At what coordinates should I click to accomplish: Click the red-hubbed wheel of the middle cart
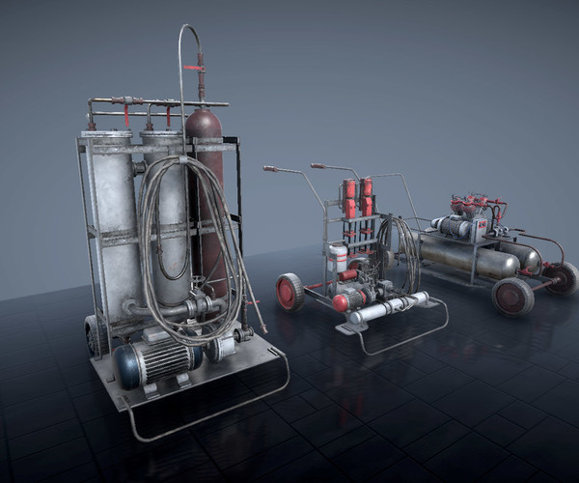[x=289, y=291]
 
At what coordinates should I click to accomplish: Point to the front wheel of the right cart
[x=511, y=297]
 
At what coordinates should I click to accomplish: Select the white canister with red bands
[x=337, y=258]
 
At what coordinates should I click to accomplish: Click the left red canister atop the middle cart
[x=349, y=199]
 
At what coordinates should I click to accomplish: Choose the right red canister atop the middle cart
[x=367, y=197]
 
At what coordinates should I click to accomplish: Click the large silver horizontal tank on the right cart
[x=463, y=257]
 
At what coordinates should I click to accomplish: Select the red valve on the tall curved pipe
[x=201, y=71]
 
